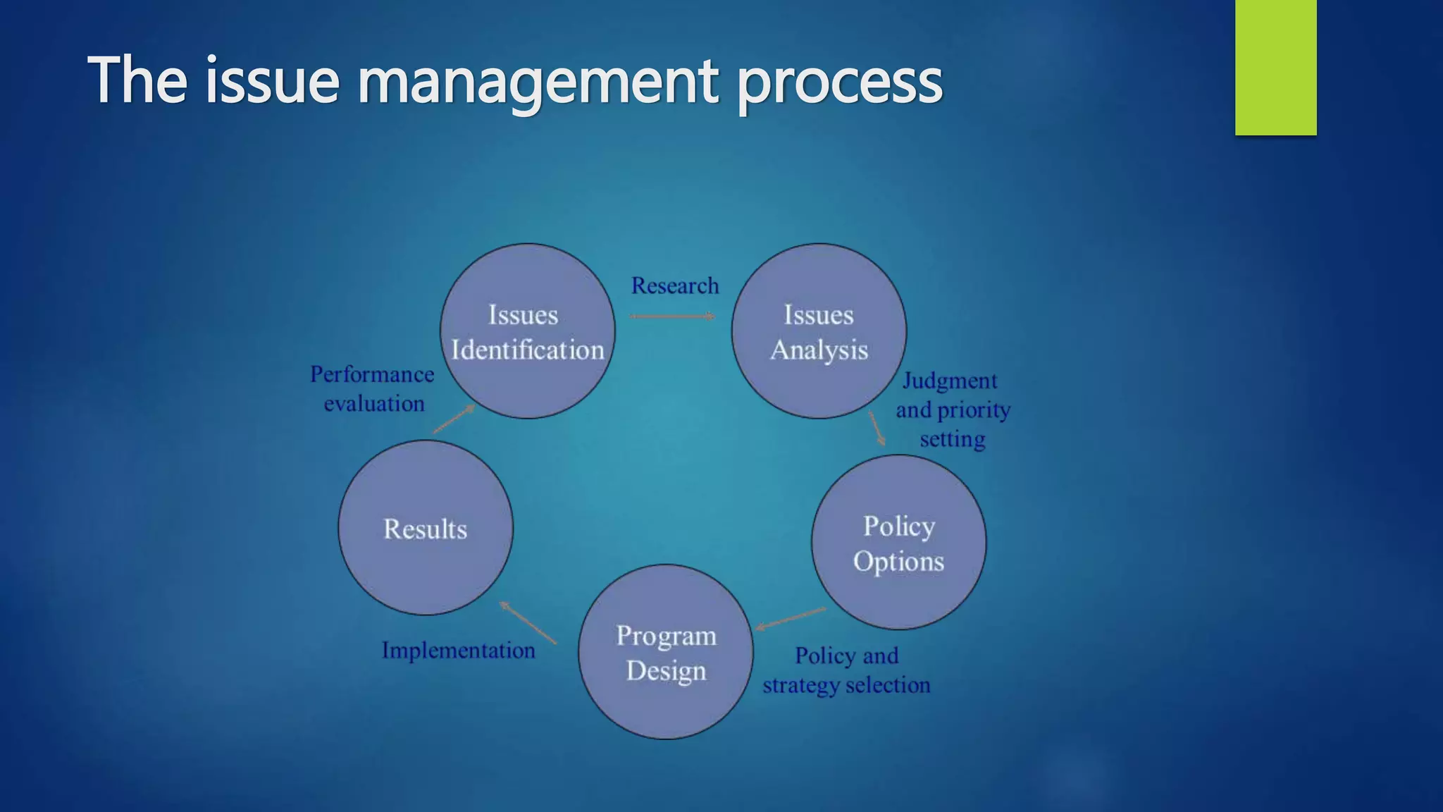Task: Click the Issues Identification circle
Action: point(527,331)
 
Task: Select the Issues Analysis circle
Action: point(819,331)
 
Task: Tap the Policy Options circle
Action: point(898,542)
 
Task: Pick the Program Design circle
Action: point(666,652)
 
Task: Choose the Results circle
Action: point(426,528)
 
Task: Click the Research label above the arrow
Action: point(675,285)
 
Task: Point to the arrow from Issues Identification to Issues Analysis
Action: point(672,316)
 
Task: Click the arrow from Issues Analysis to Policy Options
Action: point(877,429)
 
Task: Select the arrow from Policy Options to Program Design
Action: point(791,618)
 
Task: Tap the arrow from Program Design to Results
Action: point(528,622)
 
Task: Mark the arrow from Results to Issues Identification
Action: point(453,419)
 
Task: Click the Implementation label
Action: point(459,650)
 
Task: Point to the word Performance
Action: point(372,374)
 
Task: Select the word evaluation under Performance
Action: point(374,404)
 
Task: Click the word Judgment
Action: point(950,381)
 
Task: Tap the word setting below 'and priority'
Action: point(953,439)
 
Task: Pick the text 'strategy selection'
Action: point(846,685)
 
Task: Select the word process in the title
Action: point(839,82)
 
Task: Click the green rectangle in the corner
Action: point(1275,67)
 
